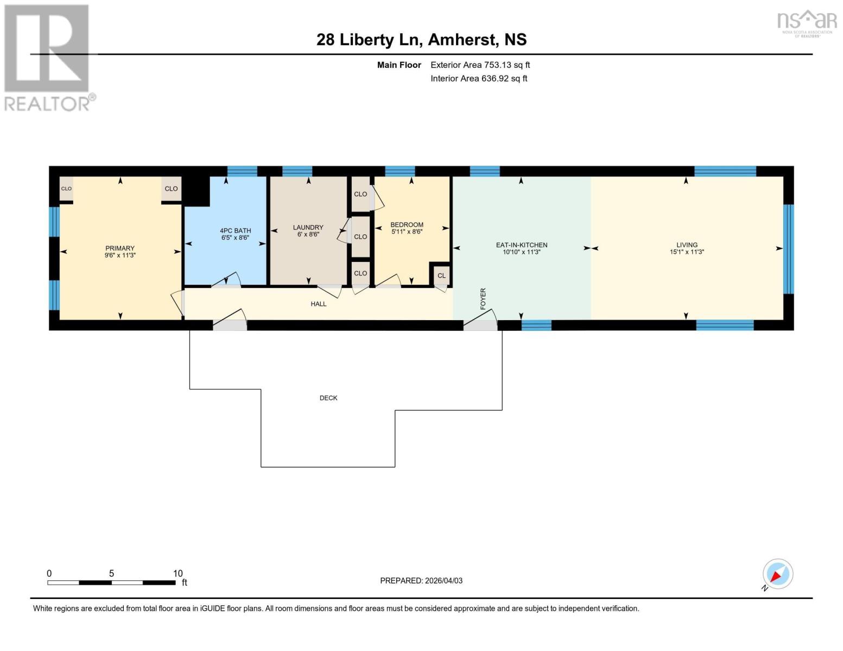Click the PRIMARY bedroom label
click(120, 248)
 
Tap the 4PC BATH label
click(235, 231)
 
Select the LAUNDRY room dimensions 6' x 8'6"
click(308, 234)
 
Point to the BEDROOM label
click(407, 225)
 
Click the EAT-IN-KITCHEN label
click(521, 245)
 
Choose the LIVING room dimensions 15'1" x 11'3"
click(687, 252)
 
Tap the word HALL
click(319, 304)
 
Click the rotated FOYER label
click(483, 299)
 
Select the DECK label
click(328, 398)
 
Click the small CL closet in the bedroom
click(441, 276)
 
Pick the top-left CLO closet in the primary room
click(66, 189)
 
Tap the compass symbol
click(777, 574)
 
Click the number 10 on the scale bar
click(178, 573)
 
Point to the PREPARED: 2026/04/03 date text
click(421, 580)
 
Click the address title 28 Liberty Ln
click(370, 40)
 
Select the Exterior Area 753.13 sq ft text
click(480, 65)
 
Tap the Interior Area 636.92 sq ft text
click(479, 78)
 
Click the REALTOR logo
click(48, 57)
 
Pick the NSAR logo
click(807, 22)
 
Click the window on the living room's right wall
click(788, 248)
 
